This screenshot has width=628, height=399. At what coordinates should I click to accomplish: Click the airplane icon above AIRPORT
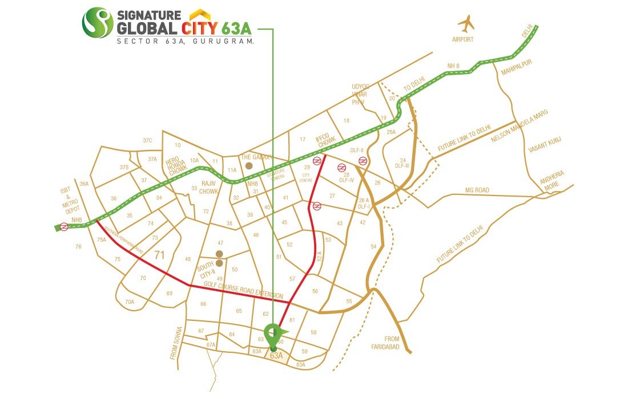[466, 24]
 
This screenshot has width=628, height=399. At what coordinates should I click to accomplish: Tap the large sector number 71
[159, 255]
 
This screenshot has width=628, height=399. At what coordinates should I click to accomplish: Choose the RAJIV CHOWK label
[208, 188]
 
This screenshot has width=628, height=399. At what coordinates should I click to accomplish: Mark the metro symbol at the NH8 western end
[65, 226]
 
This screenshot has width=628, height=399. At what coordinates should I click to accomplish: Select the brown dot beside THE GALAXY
[248, 166]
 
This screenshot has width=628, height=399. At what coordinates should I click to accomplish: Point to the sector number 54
[373, 246]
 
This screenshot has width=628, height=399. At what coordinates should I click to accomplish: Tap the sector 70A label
[130, 302]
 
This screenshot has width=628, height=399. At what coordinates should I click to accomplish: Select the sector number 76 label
[78, 246]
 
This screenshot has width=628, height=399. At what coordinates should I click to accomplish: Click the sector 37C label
[148, 140]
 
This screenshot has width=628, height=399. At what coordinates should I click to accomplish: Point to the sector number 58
[313, 332]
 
